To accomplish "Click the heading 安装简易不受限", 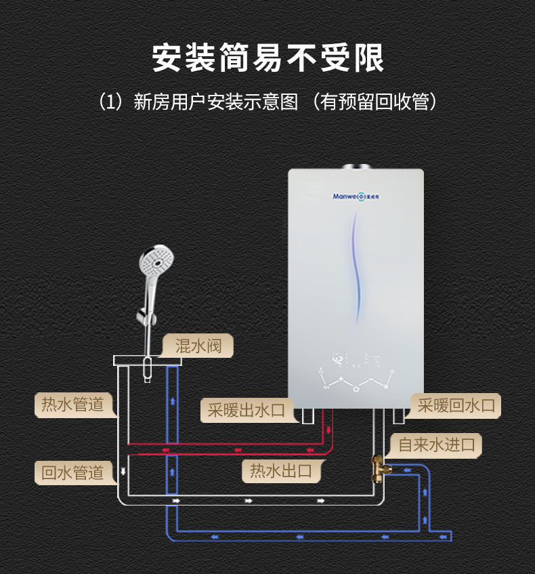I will click(267, 58).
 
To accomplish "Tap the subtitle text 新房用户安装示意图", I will click(215, 102).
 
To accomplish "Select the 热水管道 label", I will click(72, 405).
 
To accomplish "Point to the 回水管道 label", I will click(72, 472).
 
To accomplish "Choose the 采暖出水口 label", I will click(247, 410).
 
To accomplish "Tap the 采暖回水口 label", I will click(456, 406).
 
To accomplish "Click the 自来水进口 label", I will click(440, 445).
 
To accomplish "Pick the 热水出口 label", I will click(281, 470).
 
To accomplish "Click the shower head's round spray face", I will click(154, 261).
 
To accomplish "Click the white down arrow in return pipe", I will click(123, 471).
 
